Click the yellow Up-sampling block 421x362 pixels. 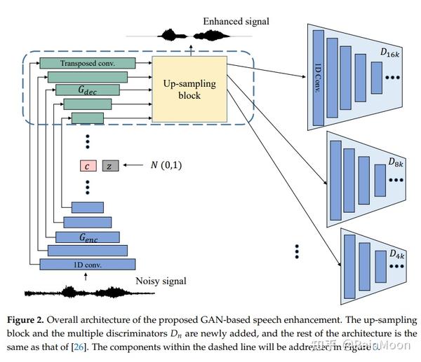[189, 90]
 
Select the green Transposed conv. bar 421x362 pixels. [87, 63]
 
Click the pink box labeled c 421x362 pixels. [87, 166]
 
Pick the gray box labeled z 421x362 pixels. [110, 166]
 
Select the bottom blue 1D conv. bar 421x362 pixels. [87, 264]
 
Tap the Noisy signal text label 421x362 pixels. [161, 281]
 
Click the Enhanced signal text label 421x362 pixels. [236, 21]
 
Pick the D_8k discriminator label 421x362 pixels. [395, 162]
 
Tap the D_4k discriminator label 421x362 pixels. [396, 252]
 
